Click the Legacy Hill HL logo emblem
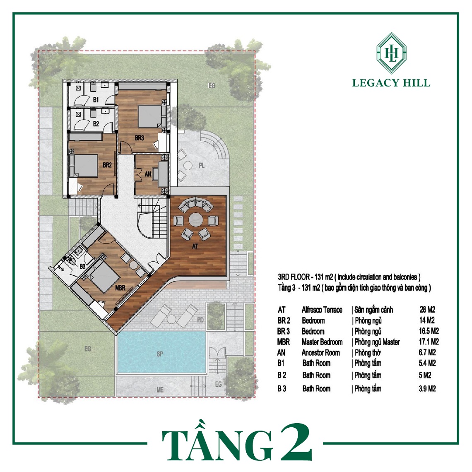391,53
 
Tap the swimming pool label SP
160,354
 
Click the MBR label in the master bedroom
120,288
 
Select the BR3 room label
140,138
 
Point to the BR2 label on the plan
107,165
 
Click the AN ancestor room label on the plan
148,174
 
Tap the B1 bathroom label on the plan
96,100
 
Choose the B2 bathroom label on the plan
96,124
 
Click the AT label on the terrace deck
195,246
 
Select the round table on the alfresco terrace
196,220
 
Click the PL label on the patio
201,166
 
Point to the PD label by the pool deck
200,320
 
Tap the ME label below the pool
160,390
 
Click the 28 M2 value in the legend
427,309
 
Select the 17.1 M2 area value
429,342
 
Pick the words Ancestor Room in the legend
321,352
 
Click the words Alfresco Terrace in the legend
322,310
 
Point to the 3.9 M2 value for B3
427,389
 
